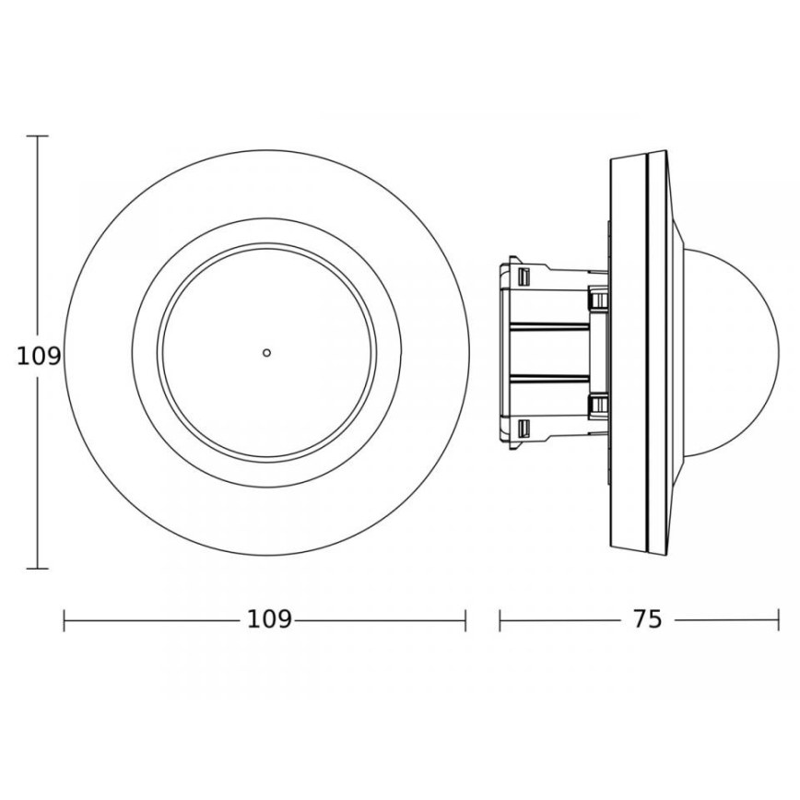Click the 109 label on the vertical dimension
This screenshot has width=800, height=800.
(x=39, y=356)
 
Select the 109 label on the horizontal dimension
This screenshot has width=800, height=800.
(x=269, y=619)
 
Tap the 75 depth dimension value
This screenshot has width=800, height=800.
(x=648, y=619)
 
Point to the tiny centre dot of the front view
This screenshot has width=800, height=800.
(x=266, y=352)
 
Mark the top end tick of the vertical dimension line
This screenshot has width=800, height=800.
(x=37, y=136)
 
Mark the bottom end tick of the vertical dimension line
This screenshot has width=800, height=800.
(x=37, y=569)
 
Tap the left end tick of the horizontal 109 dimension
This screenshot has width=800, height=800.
(x=65, y=620)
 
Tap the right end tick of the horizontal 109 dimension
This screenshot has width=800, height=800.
(x=465, y=620)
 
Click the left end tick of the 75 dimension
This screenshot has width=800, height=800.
(x=500, y=620)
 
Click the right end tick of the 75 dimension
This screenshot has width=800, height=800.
(x=780, y=620)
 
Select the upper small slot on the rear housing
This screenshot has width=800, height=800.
(x=524, y=276)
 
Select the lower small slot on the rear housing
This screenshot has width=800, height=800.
(x=524, y=429)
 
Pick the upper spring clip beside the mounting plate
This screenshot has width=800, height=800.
(x=597, y=299)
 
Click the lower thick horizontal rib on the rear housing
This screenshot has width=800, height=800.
(x=551, y=379)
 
